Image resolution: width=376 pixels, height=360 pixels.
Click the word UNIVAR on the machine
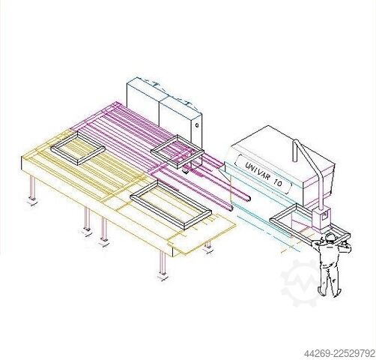[257, 171]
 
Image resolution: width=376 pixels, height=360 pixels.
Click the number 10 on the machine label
[277, 182]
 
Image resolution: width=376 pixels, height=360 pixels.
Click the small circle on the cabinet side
[197, 125]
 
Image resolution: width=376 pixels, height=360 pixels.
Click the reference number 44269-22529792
[339, 353]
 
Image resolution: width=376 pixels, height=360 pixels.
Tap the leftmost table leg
[32, 187]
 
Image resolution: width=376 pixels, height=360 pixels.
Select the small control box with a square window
[321, 218]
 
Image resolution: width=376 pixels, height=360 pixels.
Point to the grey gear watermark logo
[302, 283]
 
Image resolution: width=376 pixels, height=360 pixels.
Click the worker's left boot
[321, 291]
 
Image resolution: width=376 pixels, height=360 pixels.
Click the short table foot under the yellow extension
[208, 245]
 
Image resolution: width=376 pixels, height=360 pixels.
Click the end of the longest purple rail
[249, 198]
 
